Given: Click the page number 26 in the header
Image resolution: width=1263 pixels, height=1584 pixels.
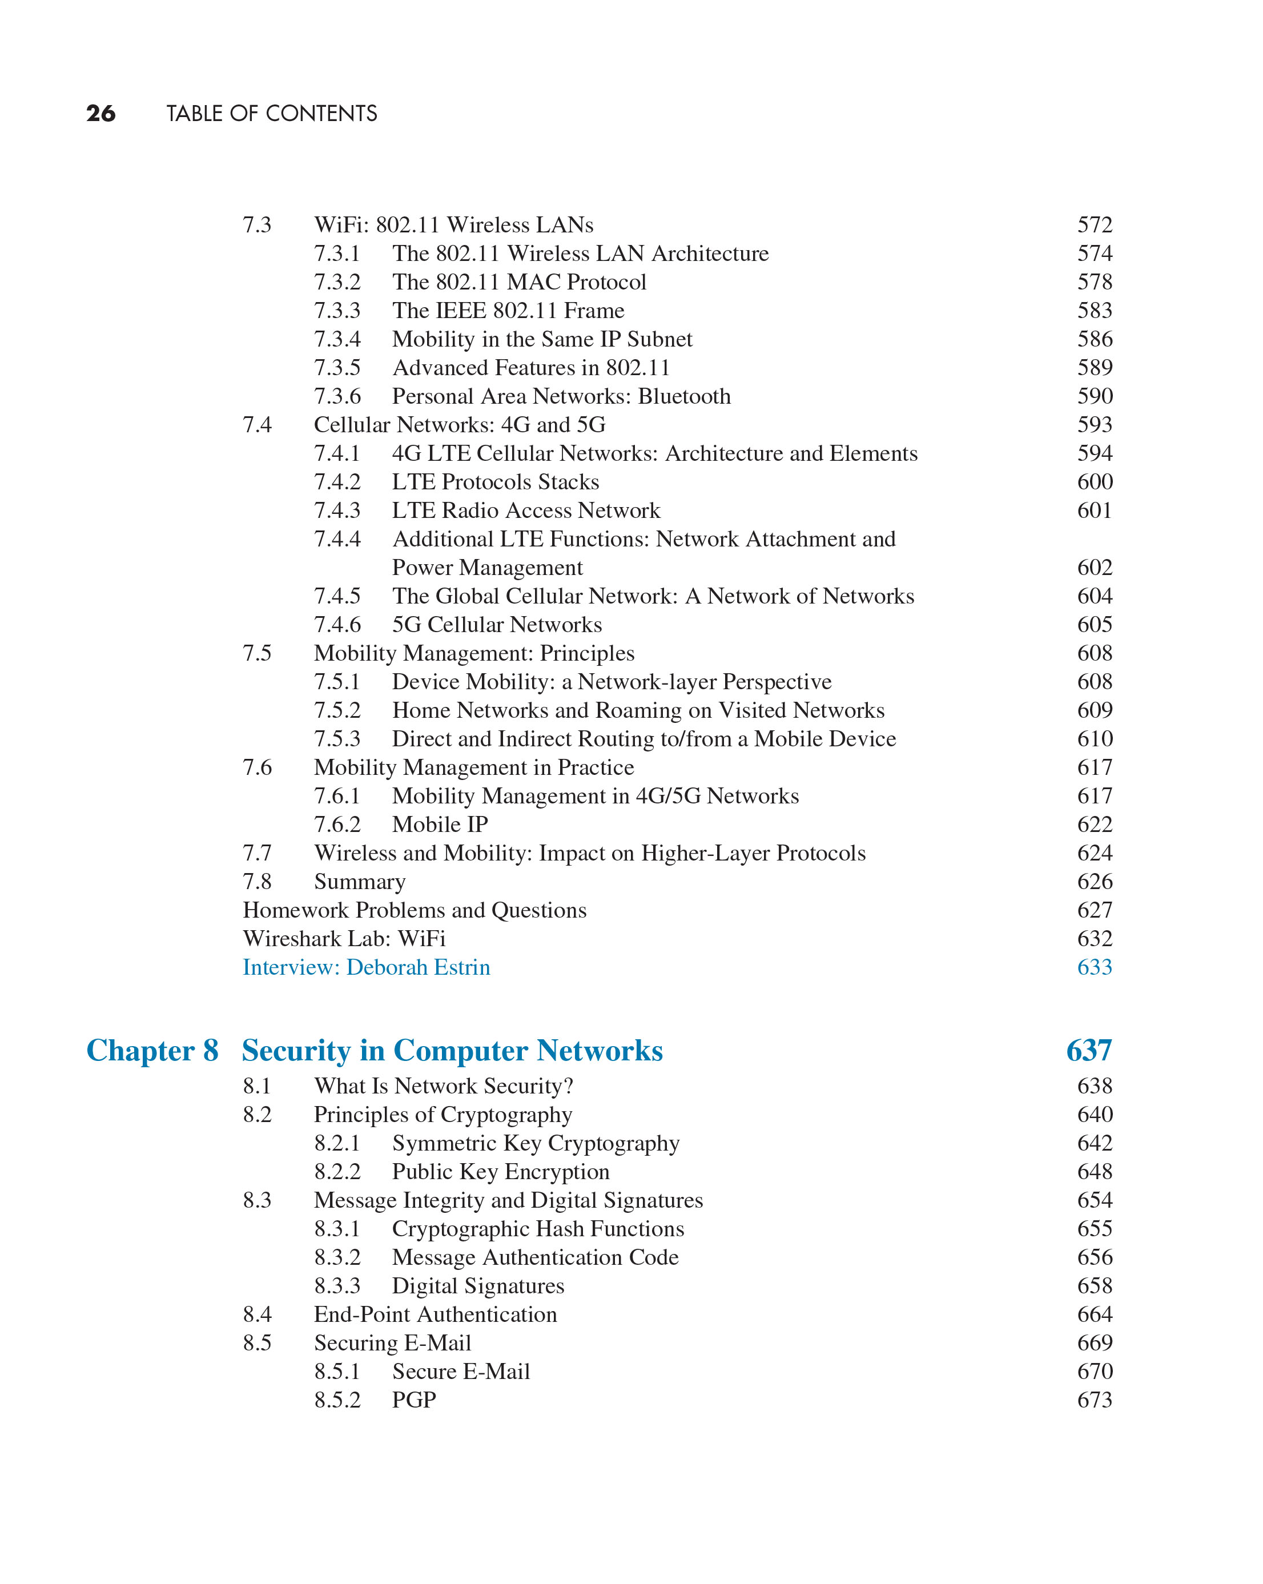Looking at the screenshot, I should point(100,113).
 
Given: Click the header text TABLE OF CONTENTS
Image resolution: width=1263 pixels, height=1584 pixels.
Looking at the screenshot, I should point(271,113).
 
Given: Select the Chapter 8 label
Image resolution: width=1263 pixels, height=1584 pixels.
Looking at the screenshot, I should point(152,1051).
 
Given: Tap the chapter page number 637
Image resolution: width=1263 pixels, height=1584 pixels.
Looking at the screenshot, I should point(1088,1051).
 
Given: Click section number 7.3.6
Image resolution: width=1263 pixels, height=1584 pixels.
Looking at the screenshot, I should point(337,396).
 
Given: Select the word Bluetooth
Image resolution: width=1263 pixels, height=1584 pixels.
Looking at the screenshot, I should point(684,396).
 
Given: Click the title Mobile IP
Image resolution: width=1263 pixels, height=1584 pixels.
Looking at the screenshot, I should point(440,825).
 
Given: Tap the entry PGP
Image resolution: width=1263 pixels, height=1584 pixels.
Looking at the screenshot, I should point(413,1400).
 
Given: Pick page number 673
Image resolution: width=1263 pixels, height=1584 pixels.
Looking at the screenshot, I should point(1094,1400).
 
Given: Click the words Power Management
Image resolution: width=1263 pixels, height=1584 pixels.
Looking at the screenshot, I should point(487,568).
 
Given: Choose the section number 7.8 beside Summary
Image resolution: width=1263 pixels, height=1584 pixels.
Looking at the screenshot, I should point(257,882).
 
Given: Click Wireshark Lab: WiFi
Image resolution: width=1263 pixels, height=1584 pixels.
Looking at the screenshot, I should point(344,939).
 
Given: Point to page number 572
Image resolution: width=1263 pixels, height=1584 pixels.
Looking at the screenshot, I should point(1094,225).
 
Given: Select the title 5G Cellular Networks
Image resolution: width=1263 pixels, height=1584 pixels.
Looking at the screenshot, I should point(497,625).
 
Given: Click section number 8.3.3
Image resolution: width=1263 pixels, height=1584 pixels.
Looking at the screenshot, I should point(337,1286).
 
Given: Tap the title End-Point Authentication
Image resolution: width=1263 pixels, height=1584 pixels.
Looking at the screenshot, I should point(435,1314).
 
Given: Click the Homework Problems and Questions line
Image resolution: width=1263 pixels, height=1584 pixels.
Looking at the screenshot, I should point(415,910).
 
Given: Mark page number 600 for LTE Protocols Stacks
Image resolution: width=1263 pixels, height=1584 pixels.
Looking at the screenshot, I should point(1094,482).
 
